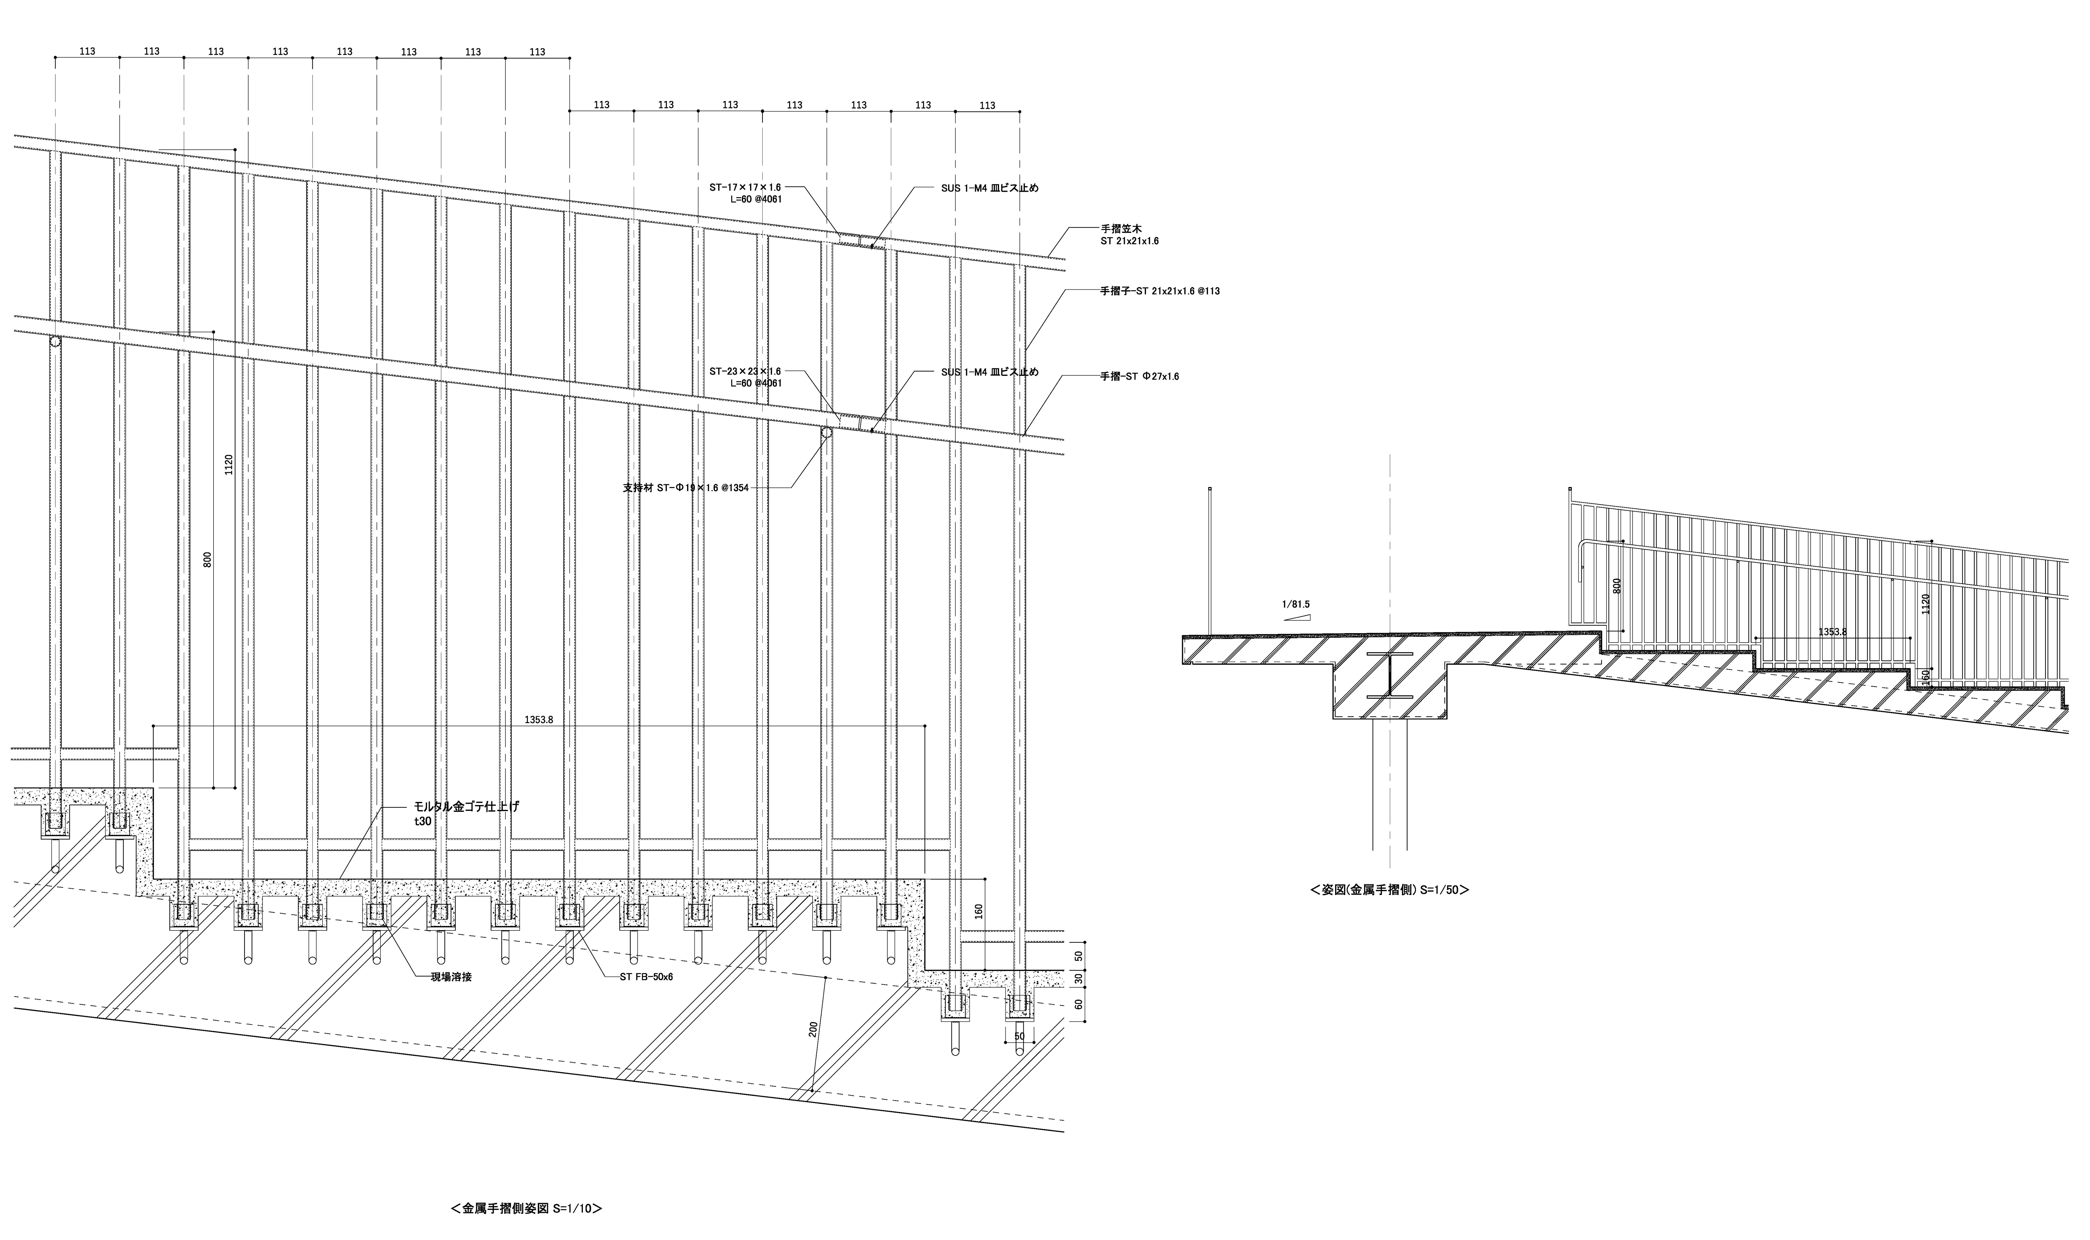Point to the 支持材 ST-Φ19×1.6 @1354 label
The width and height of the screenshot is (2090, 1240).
pyautogui.click(x=686, y=488)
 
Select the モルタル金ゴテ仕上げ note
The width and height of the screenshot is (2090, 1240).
pyautogui.click(x=466, y=807)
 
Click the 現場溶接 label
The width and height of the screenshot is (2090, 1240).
pyautogui.click(x=451, y=977)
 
